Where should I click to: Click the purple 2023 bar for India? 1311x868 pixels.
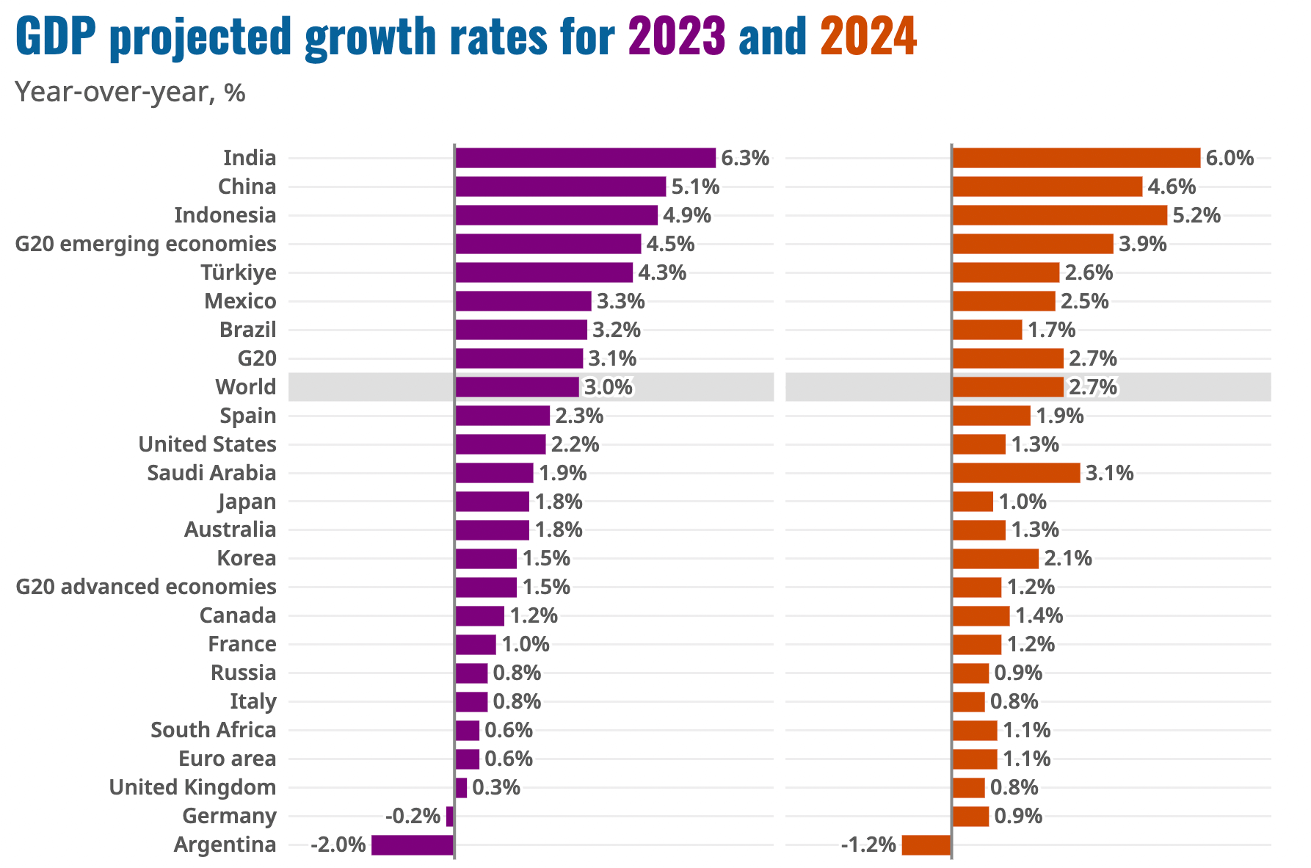585,158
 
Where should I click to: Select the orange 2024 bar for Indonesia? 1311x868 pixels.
1059,215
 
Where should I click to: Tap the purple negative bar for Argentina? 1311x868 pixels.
413,845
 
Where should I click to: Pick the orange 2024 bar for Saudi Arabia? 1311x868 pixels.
1016,473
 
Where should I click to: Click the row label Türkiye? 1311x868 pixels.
239,272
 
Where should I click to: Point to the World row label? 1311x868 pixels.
245,387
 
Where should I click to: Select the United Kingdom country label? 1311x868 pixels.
192,787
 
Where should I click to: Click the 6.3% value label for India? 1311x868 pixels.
745,158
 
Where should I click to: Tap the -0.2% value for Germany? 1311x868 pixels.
413,816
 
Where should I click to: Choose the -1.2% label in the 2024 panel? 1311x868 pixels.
868,845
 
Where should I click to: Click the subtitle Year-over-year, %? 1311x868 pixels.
130,93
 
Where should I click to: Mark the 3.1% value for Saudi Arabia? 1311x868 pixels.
1109,473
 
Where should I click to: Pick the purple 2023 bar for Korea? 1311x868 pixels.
486,559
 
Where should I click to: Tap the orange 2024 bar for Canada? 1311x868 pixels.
981,616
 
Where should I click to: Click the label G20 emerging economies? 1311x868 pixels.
146,244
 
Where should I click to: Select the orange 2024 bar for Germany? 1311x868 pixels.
970,816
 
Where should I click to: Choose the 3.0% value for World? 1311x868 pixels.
608,387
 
